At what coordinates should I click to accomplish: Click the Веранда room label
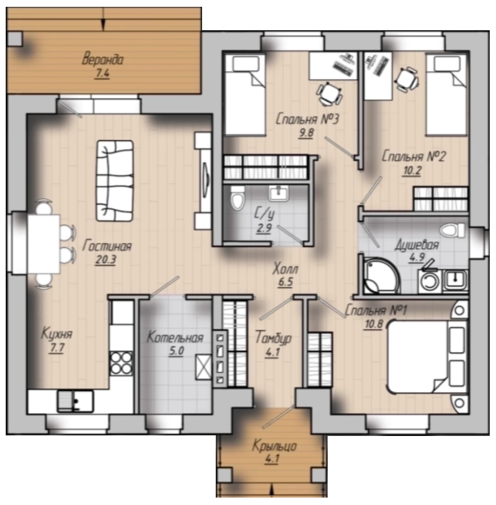click(103, 59)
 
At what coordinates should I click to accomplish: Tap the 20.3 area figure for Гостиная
click(106, 260)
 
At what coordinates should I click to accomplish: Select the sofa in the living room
click(115, 181)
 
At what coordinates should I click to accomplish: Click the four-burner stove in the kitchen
click(121, 363)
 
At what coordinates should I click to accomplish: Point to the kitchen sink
click(75, 401)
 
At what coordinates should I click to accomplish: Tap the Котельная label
click(175, 338)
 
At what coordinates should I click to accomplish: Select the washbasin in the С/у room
click(279, 193)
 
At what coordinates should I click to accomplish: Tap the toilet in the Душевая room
click(453, 231)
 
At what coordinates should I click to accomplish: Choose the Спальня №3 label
click(307, 119)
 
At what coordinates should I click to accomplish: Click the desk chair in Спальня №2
click(407, 79)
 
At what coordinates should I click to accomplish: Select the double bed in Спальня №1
click(427, 356)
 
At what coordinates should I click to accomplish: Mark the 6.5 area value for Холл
click(285, 282)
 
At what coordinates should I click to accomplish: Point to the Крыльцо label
click(275, 446)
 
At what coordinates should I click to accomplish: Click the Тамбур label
click(273, 338)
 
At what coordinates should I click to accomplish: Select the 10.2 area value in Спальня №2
click(412, 171)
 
